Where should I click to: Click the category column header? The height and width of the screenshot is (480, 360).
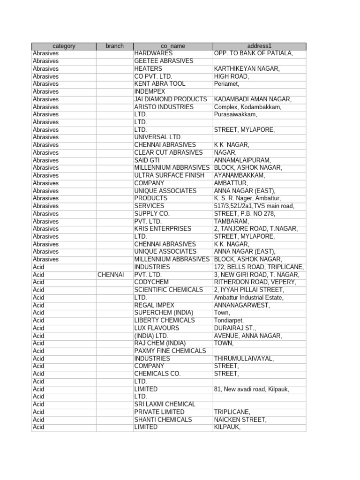click(64, 46)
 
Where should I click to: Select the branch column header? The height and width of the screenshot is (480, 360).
click(115, 46)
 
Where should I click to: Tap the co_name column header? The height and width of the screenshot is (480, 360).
click(173, 46)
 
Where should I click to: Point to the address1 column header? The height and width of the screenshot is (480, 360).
click(259, 46)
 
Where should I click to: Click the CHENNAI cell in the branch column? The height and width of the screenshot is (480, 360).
click(111, 275)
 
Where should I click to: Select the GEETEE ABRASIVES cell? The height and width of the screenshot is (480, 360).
click(164, 61)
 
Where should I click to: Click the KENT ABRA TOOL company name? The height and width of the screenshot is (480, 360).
click(160, 84)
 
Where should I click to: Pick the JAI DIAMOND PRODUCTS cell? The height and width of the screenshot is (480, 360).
click(171, 99)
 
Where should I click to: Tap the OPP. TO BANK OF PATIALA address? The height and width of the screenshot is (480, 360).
click(254, 53)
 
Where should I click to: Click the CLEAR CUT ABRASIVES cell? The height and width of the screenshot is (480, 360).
click(169, 153)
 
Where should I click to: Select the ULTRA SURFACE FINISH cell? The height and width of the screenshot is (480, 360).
click(170, 175)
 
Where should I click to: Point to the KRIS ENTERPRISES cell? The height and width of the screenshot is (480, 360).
click(163, 229)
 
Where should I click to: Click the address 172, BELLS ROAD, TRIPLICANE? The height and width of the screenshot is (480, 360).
click(259, 267)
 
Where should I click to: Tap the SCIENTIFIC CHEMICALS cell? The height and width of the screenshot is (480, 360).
click(169, 290)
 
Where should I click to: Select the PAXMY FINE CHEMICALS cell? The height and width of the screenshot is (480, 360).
click(170, 351)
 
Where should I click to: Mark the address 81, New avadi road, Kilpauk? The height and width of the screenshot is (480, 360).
click(252, 389)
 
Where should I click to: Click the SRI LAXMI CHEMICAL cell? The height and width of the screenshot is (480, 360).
click(165, 404)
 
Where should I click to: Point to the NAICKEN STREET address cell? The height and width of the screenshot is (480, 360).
click(240, 420)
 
